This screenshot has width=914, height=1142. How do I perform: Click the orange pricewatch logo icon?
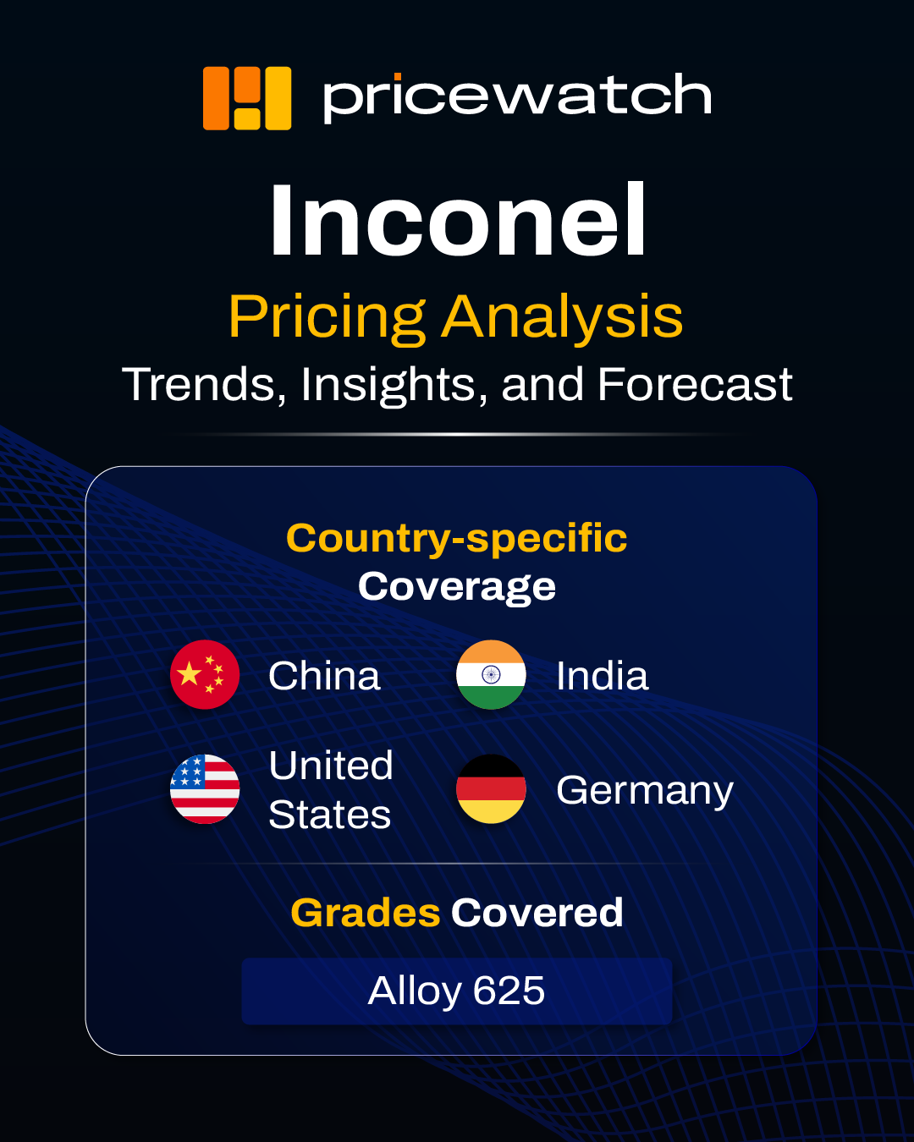pyautogui.click(x=247, y=98)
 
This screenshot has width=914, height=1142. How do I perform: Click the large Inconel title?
pyautogui.click(x=458, y=219)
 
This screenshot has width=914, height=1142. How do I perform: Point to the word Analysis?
pyautogui.click(x=563, y=317)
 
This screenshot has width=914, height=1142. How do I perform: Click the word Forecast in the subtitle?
pyautogui.click(x=695, y=384)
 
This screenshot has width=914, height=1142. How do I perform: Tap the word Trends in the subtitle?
pyautogui.click(x=205, y=385)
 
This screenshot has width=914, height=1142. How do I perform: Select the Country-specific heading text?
pyautogui.click(x=457, y=539)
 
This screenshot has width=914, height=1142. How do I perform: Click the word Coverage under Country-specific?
pyautogui.click(x=457, y=587)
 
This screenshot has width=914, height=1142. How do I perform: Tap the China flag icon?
pyautogui.click(x=205, y=674)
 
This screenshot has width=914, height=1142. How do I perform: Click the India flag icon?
pyautogui.click(x=491, y=674)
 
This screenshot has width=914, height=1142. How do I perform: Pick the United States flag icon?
pyautogui.click(x=205, y=789)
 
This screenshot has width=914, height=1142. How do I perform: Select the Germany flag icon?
pyautogui.click(x=491, y=789)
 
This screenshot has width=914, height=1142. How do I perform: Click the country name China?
pyautogui.click(x=324, y=676)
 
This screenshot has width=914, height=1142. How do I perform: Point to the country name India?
pyautogui.click(x=603, y=676)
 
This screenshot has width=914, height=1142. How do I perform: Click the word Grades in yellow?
pyautogui.click(x=366, y=913)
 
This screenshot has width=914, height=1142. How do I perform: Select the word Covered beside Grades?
pyautogui.click(x=537, y=913)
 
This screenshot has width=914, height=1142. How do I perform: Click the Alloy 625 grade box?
pyautogui.click(x=457, y=991)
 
